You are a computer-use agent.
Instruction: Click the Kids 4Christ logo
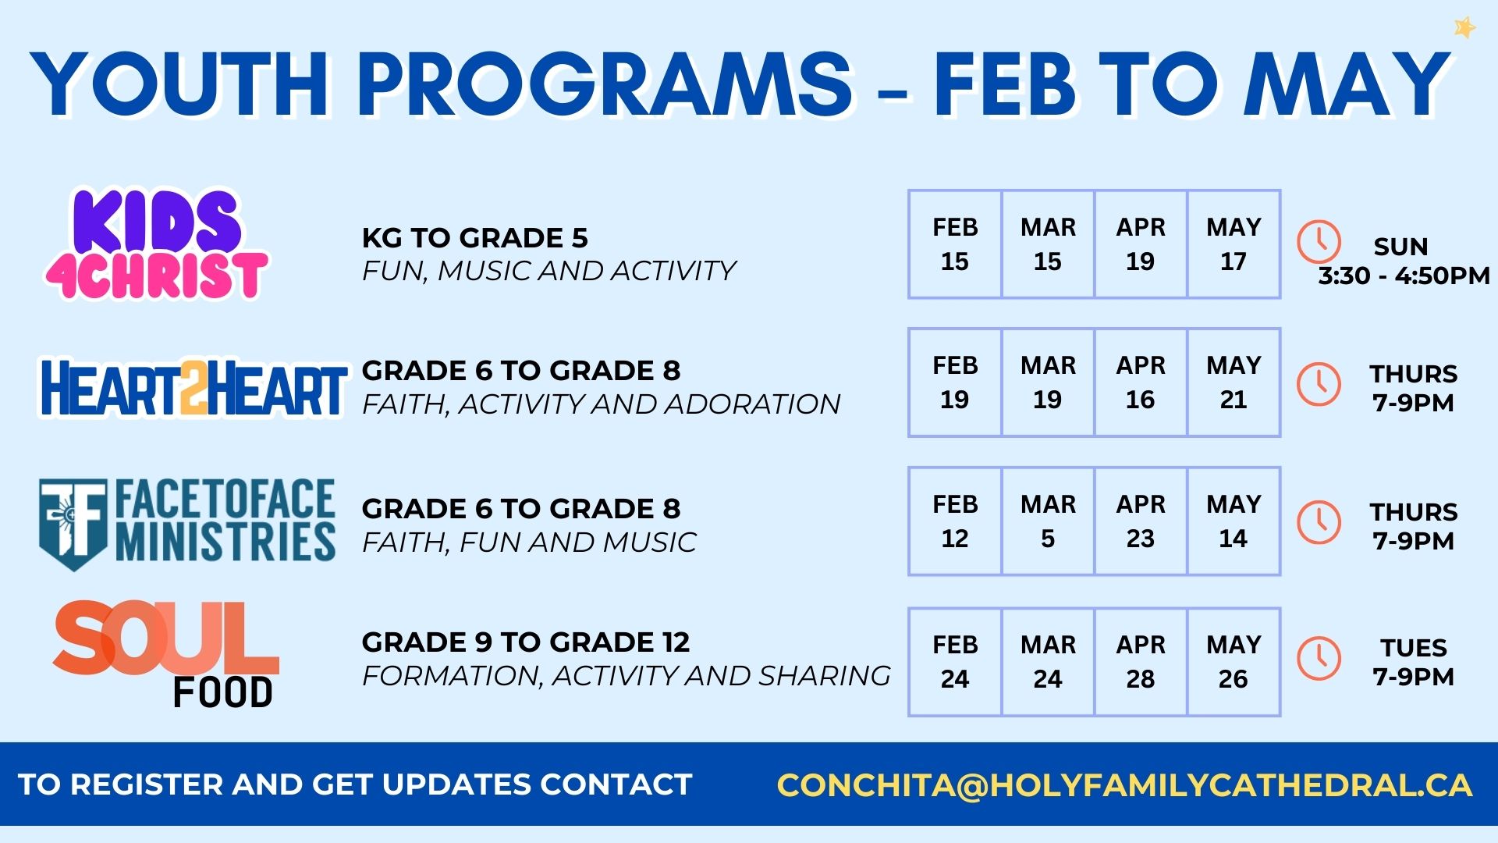(156, 244)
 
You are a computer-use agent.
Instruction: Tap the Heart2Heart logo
(193, 387)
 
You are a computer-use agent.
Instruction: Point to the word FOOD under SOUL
(222, 693)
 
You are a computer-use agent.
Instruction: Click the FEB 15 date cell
(955, 244)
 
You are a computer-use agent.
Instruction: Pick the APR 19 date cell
(1141, 244)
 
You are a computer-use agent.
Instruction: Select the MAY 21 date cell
(1234, 382)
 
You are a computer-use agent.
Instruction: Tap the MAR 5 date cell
(1048, 521)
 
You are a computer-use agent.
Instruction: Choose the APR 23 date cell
(1141, 521)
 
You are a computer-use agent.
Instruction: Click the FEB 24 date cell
(955, 662)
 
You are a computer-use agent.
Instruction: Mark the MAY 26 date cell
(1234, 662)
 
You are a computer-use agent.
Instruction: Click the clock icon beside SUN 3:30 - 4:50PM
(1319, 241)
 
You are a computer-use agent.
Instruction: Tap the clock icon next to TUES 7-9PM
(1319, 658)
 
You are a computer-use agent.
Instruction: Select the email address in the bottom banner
(1124, 785)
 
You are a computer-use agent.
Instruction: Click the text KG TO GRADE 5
(474, 237)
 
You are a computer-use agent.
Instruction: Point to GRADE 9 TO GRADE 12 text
(526, 642)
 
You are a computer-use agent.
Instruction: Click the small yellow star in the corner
(1464, 28)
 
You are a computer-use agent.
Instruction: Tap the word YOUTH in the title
(180, 84)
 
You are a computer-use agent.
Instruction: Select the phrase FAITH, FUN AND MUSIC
(529, 542)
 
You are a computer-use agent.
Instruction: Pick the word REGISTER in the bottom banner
(146, 784)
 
